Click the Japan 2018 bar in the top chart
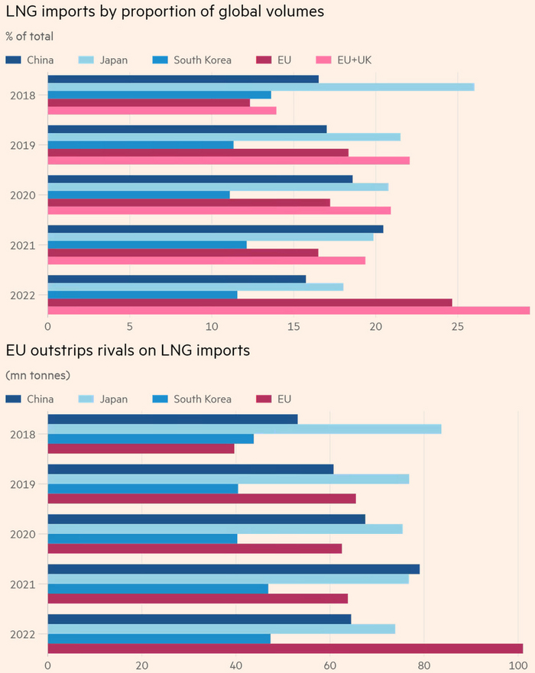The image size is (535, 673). [261, 86]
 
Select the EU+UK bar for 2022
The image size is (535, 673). [289, 310]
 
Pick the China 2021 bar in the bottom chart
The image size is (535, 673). [233, 568]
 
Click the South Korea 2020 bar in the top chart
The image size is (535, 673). [138, 194]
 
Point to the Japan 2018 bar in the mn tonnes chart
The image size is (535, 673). [245, 429]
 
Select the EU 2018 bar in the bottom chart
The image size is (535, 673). [141, 448]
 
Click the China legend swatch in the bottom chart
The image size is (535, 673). [13, 399]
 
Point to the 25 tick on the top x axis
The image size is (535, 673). [457, 326]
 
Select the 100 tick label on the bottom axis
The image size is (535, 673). [518, 665]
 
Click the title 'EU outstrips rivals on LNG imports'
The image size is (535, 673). [138, 351]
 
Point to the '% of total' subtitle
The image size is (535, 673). [29, 37]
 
